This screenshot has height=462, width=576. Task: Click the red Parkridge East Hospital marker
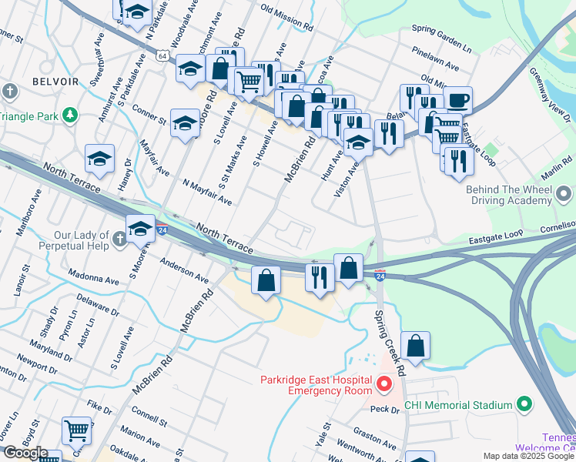point(383,383)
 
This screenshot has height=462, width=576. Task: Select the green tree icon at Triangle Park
point(71,115)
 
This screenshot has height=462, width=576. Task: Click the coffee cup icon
point(457,100)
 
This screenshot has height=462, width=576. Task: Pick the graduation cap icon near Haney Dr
point(100,158)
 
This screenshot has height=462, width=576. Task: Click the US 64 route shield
point(161,56)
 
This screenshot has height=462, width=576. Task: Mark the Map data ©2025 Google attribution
point(527,456)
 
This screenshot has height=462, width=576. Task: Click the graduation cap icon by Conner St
point(185,122)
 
